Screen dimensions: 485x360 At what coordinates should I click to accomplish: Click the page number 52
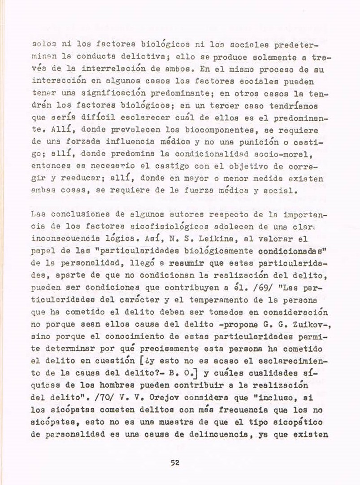pos(175,464)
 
